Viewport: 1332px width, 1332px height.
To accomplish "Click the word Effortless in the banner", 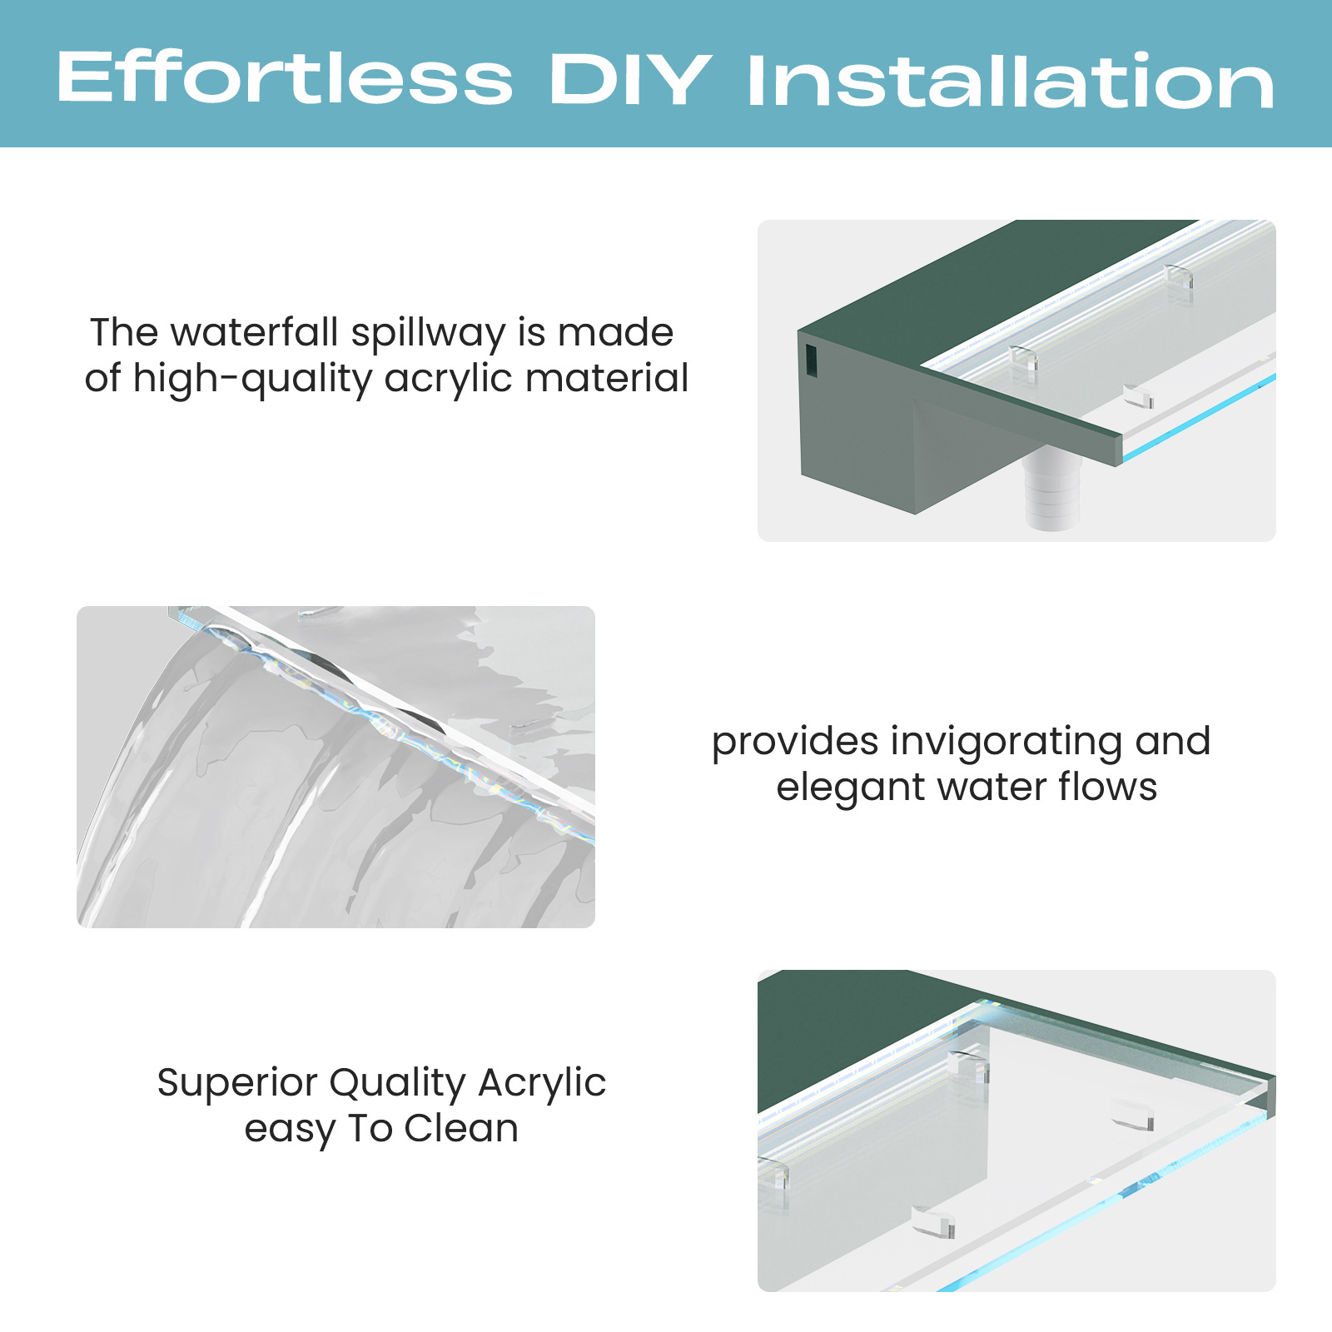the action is (x=285, y=79).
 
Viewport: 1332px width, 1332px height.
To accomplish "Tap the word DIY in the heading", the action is (x=630, y=80).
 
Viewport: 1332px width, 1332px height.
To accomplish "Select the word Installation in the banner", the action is (x=1011, y=82).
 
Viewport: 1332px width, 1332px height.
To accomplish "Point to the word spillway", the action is (x=429, y=334).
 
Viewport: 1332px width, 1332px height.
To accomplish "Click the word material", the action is (x=607, y=378).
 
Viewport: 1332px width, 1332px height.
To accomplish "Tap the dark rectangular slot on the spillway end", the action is (x=811, y=360).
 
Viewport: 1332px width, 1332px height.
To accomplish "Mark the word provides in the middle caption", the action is (x=795, y=743).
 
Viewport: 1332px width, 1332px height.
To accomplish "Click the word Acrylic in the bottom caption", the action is (x=542, y=1084).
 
